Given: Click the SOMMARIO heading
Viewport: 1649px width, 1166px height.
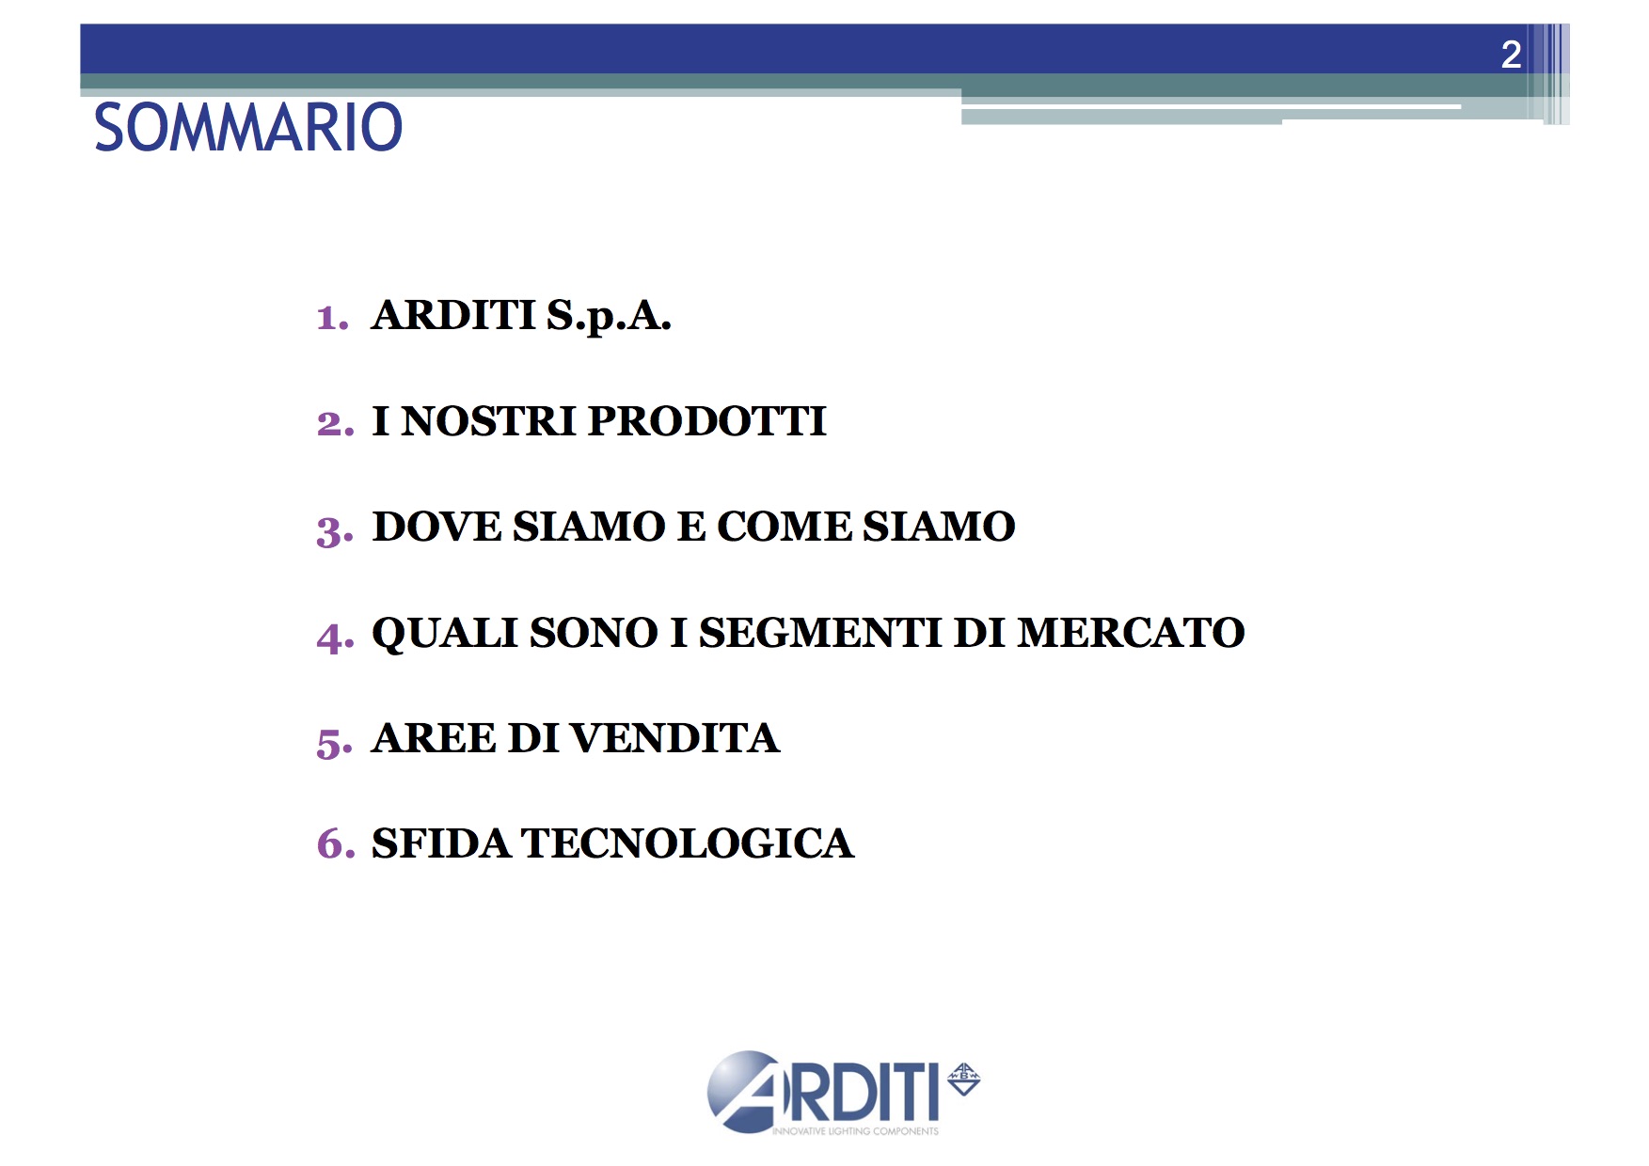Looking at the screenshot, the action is pyautogui.click(x=248, y=127).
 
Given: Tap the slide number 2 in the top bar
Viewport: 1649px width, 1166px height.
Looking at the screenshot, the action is pyautogui.click(x=1511, y=55).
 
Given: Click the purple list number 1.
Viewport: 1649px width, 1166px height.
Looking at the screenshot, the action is pyautogui.click(x=332, y=318).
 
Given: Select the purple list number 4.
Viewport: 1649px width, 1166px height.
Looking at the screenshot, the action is pyautogui.click(x=335, y=637).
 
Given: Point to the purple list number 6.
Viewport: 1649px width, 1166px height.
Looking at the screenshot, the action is pyautogui.click(x=336, y=843).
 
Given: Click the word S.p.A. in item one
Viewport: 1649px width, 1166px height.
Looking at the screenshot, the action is pyautogui.click(x=609, y=317).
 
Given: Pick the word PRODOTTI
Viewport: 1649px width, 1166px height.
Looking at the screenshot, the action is pyautogui.click(x=706, y=421).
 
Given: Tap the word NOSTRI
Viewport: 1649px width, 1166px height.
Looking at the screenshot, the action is pyautogui.click(x=488, y=421).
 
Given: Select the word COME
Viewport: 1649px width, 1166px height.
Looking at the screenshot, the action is pyautogui.click(x=784, y=527).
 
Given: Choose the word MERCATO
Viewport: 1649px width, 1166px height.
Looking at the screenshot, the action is pyautogui.click(x=1131, y=633).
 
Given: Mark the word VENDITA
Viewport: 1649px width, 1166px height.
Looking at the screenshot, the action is pyautogui.click(x=674, y=738).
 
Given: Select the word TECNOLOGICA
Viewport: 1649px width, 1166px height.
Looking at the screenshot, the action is pyautogui.click(x=688, y=843).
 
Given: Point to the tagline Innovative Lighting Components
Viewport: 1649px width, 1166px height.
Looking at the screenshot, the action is pyautogui.click(x=855, y=1131).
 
